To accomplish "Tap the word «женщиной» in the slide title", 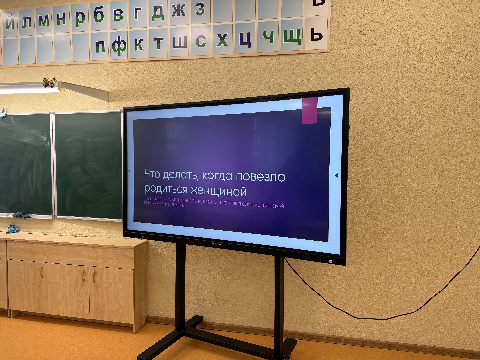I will click(x=218, y=191).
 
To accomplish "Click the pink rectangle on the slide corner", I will click(x=309, y=111).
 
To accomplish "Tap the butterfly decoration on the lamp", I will click(x=49, y=82).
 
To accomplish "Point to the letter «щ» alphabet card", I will click(x=292, y=36).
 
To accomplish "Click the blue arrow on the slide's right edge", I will click(x=336, y=175).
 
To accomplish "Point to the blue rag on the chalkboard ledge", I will click(x=21, y=216).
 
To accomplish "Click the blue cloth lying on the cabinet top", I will click(x=13, y=229).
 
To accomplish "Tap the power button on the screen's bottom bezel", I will click(x=330, y=261).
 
